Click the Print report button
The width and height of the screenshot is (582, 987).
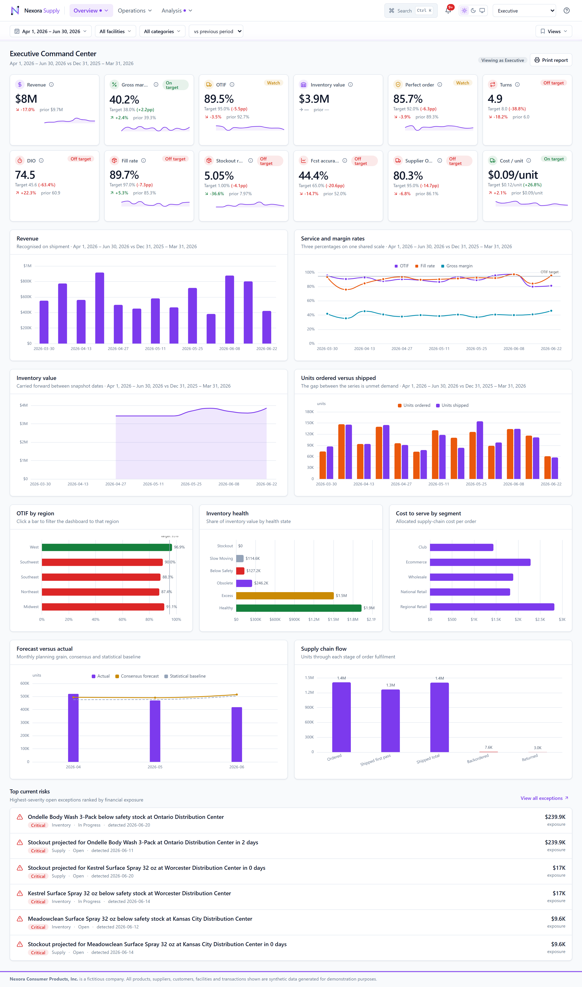tap(551, 60)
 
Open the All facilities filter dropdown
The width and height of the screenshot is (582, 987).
tap(115, 31)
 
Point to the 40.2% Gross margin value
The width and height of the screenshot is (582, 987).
tap(124, 100)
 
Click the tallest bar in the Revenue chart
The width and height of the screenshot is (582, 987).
tap(100, 308)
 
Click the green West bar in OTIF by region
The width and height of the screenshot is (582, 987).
tap(107, 547)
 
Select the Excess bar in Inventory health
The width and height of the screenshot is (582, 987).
tap(285, 596)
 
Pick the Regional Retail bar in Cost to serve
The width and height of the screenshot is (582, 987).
tap(492, 607)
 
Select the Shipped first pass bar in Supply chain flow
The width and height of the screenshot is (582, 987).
tap(390, 721)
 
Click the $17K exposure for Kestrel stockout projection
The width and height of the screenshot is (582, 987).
tap(559, 868)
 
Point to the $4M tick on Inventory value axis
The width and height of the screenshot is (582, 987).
tap(23, 405)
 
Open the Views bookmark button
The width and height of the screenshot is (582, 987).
tap(553, 31)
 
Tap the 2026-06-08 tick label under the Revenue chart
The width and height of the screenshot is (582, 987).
tap(229, 349)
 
